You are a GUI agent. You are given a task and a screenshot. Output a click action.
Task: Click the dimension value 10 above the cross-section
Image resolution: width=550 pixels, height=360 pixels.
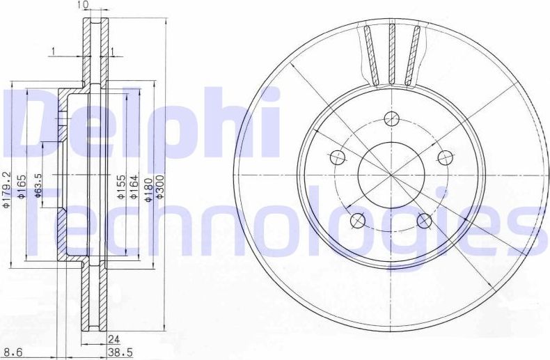point(84,5)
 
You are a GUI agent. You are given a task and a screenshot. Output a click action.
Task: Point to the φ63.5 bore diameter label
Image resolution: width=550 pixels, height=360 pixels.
point(39,187)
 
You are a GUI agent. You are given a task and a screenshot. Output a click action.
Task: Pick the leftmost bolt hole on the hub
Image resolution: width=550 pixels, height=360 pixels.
point(338,156)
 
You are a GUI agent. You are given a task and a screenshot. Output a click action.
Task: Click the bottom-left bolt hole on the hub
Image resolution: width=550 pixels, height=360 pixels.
point(358,220)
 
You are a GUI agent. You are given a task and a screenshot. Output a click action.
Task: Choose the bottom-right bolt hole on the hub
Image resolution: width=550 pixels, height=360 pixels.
point(424,221)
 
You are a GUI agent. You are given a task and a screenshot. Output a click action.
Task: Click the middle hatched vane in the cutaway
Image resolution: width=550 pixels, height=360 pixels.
point(392,54)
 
